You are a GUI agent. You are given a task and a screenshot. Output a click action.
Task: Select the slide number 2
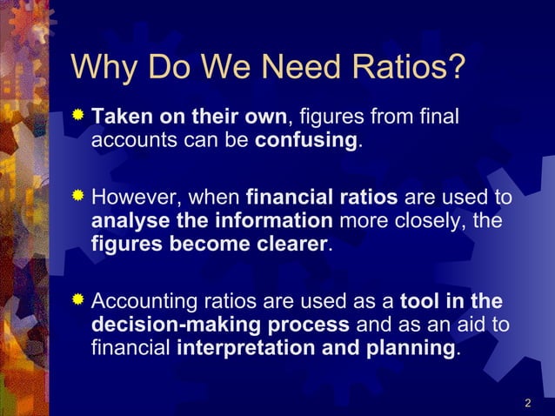click(x=528, y=403)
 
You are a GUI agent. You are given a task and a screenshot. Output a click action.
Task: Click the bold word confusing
click(x=305, y=141)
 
